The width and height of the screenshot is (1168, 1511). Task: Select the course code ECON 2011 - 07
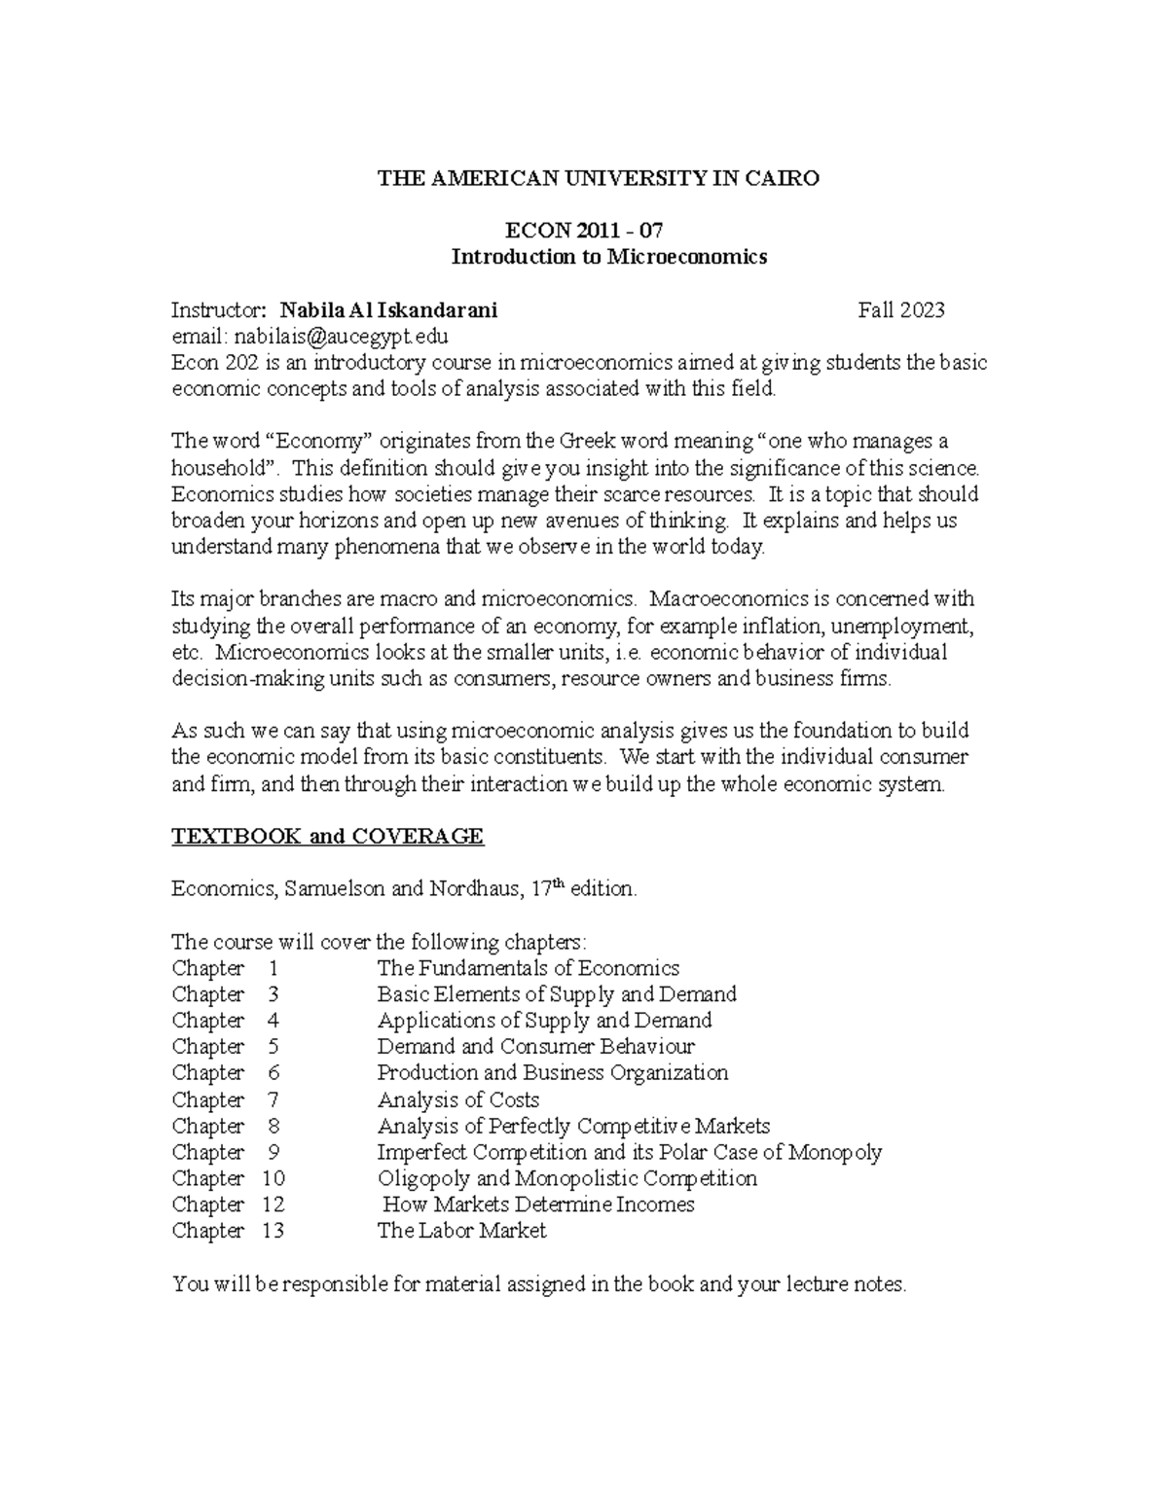[584, 231]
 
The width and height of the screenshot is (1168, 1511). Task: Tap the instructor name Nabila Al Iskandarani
[387, 310]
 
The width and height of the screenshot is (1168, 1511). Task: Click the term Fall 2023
[900, 310]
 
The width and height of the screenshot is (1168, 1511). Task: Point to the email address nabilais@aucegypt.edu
[338, 337]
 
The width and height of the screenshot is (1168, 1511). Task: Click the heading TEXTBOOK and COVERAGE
[327, 837]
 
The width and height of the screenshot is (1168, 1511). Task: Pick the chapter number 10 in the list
[273, 1178]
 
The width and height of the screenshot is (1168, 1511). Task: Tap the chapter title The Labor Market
[461, 1231]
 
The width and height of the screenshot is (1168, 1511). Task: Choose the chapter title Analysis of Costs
[457, 1099]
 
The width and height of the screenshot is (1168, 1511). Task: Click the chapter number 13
[273, 1231]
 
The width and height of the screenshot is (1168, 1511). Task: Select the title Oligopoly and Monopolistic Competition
[566, 1178]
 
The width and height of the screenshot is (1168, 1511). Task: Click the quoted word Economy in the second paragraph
[319, 442]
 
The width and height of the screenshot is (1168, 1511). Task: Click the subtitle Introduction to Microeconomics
[608, 257]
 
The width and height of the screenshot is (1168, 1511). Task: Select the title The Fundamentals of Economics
[528, 968]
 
